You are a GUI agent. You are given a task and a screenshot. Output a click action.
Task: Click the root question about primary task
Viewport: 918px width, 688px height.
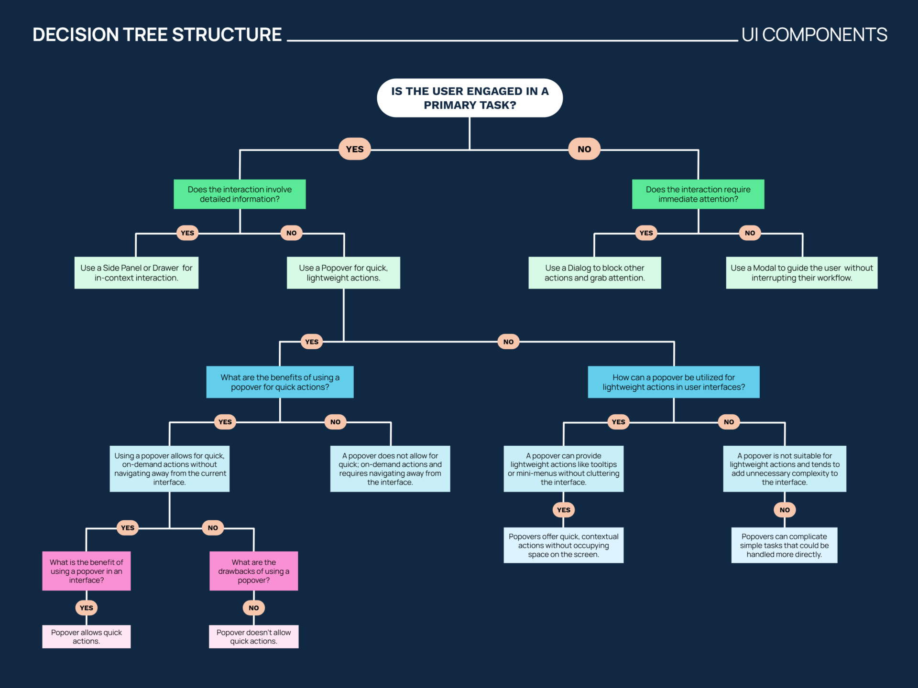[470, 98]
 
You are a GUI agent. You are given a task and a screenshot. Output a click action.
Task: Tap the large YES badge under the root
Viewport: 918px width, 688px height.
[354, 149]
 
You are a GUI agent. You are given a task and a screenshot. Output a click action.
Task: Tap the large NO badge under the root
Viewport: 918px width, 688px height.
[584, 149]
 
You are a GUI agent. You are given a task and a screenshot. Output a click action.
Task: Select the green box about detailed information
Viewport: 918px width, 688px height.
[240, 194]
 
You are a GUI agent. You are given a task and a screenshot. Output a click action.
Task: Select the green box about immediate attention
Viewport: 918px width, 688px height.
[698, 194]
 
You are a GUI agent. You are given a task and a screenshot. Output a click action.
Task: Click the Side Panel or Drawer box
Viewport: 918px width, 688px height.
[136, 273]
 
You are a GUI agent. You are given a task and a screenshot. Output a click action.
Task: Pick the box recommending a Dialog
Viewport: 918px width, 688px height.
[594, 273]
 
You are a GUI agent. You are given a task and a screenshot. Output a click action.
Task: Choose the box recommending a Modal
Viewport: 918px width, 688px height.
[801, 273]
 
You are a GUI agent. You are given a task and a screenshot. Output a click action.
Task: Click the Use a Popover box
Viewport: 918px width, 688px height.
[343, 273]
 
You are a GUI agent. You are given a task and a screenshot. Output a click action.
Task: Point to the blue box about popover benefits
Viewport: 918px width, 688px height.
[280, 382]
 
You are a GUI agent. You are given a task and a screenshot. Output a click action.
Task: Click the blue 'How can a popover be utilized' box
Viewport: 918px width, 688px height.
[673, 382]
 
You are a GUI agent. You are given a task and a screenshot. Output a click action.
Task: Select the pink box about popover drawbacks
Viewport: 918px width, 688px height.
[253, 571]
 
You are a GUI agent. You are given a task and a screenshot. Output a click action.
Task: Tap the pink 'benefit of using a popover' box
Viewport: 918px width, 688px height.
[86, 571]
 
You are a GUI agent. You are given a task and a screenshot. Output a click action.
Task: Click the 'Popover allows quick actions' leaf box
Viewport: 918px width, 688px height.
[86, 636]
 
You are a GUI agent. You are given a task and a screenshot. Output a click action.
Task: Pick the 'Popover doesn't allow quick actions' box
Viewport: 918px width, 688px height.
[253, 636]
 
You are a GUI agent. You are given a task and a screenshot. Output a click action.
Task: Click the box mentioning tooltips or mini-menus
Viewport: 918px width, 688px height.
[563, 469]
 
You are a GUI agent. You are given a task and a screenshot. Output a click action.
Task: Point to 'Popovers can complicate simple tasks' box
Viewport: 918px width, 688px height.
[784, 545]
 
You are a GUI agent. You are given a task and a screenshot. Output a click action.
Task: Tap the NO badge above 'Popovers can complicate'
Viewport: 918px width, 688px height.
[785, 510]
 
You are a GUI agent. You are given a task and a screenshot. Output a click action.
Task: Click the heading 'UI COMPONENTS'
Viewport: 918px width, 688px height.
[814, 35]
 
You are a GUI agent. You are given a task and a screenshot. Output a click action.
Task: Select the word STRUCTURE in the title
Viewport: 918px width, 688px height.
[227, 35]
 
